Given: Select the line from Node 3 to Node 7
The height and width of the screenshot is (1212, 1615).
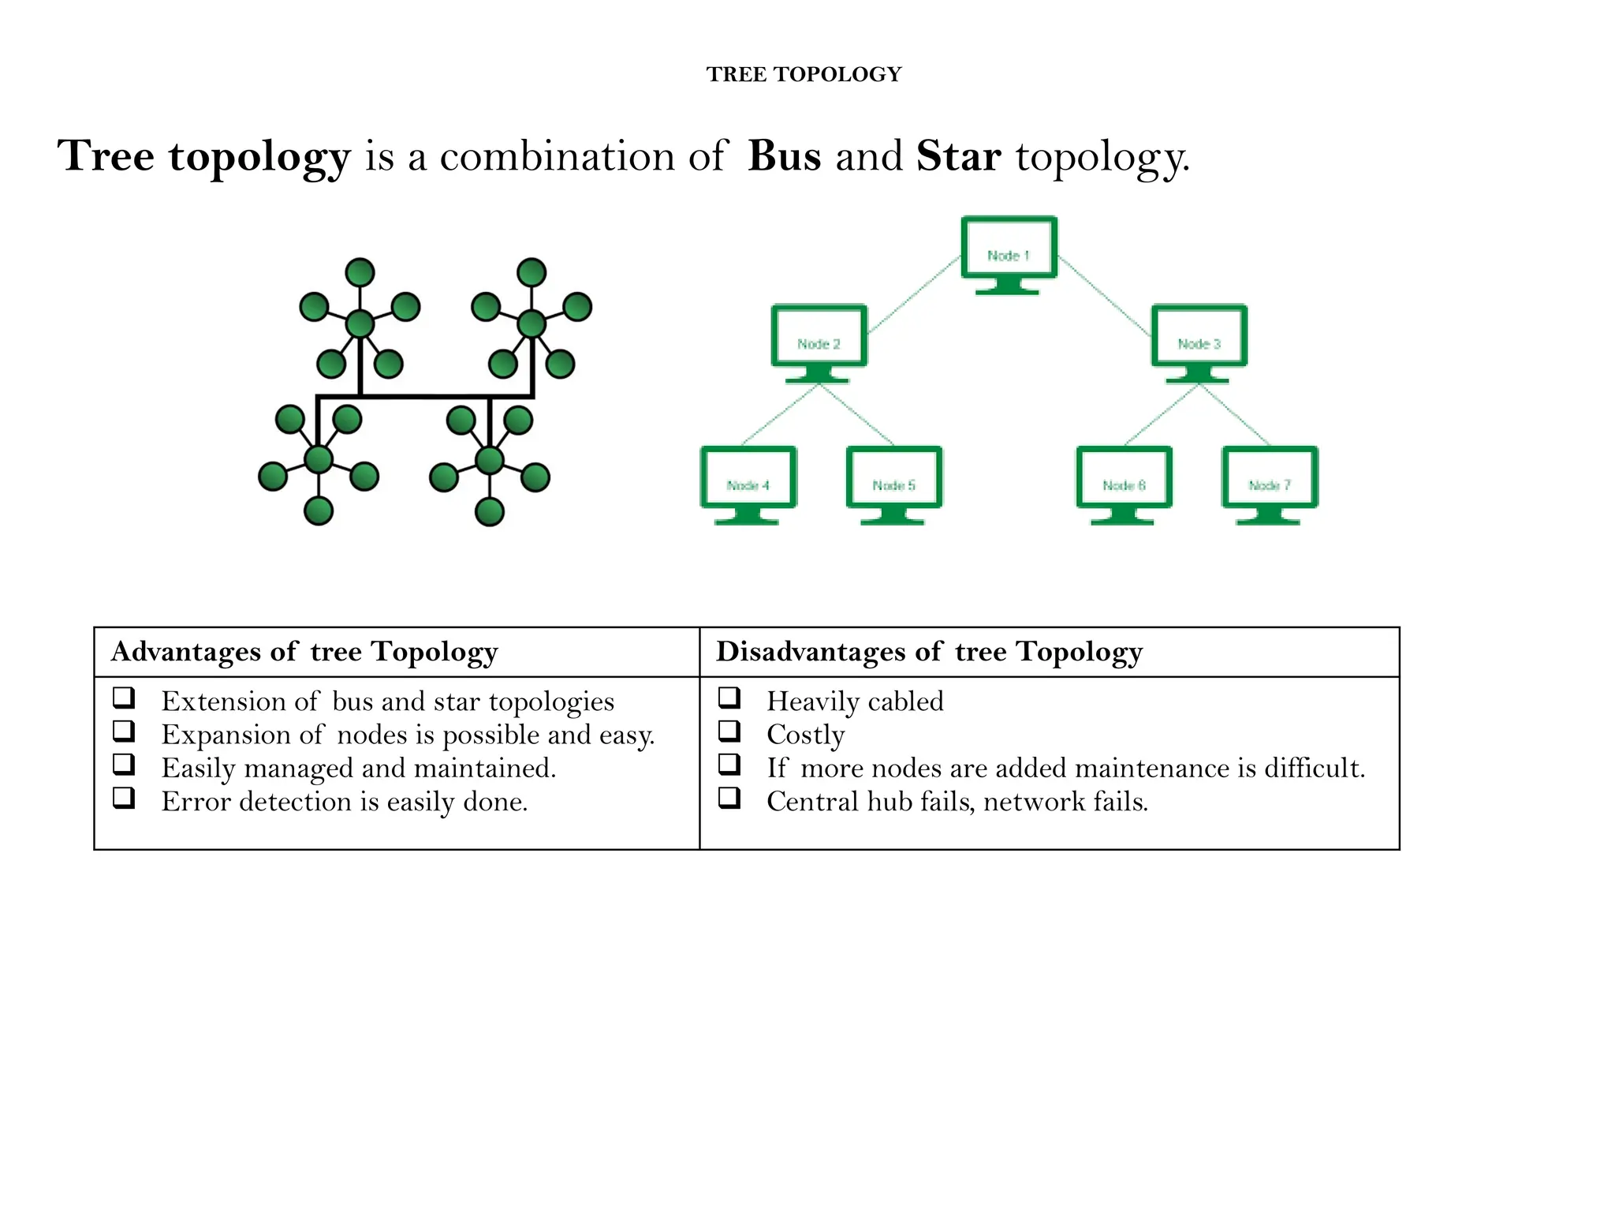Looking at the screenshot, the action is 1235,415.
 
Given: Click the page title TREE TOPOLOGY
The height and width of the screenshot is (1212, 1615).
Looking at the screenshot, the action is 804,74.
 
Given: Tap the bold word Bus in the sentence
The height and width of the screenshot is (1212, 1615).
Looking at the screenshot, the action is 784,155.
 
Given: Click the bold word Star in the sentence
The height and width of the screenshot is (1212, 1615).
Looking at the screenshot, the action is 958,155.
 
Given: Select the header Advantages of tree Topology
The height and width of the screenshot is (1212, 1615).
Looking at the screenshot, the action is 304,652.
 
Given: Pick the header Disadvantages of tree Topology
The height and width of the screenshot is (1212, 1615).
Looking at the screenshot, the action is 929,652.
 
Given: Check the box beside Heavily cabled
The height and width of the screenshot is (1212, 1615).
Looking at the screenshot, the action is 729,698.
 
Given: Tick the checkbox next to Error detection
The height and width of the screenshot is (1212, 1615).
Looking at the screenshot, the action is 124,798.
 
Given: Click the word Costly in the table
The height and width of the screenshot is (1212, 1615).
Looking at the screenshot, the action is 805,735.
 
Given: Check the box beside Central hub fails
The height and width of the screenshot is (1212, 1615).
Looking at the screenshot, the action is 729,798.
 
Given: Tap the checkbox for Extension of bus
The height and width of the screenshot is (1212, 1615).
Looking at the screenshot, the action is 124,698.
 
